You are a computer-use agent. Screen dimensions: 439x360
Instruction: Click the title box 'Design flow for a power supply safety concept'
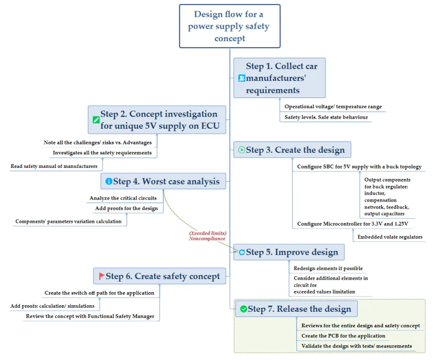click(230, 26)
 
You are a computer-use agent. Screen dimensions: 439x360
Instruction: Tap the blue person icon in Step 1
click(242, 78)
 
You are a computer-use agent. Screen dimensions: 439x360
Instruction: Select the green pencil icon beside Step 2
click(96, 120)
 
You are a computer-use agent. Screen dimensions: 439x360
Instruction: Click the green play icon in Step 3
click(242, 150)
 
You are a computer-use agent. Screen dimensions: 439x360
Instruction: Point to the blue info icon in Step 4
click(108, 182)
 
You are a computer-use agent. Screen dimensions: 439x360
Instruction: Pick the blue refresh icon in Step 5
click(242, 252)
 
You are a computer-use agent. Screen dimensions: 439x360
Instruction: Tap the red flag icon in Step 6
click(101, 276)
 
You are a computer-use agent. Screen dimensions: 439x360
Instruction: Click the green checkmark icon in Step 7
click(244, 309)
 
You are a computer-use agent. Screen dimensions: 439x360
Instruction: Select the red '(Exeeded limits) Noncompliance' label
click(207, 236)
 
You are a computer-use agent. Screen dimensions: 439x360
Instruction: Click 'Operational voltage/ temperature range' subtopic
click(333, 107)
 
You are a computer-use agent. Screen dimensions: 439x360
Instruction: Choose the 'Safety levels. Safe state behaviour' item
click(326, 117)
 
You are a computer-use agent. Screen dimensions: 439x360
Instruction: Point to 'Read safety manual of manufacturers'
click(54, 166)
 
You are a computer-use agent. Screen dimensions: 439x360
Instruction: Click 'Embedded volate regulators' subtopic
click(390, 237)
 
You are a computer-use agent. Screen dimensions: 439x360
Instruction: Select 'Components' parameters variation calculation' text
click(69, 221)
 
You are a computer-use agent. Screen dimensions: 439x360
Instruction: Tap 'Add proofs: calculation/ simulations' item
click(52, 306)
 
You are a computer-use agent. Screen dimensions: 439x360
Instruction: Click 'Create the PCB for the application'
click(343, 336)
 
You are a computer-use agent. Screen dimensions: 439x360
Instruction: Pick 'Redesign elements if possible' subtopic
click(328, 268)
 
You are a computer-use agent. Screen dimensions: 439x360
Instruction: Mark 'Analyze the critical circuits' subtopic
click(123, 198)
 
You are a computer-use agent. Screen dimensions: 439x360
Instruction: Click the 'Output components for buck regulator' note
click(387, 197)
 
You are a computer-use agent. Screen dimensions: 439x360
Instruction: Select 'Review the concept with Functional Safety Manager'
click(90, 316)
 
